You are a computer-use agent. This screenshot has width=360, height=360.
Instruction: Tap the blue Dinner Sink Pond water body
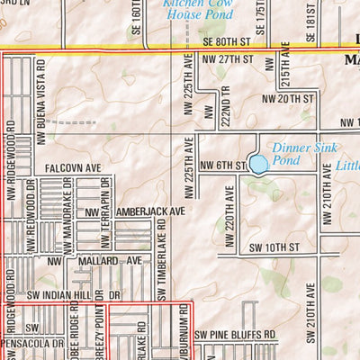[x=258, y=165]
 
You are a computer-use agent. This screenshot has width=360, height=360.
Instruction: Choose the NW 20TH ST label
[x=288, y=98]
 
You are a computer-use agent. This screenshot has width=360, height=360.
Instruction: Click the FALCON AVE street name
[x=74, y=167]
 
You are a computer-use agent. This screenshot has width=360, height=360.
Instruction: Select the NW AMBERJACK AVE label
[x=135, y=211]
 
